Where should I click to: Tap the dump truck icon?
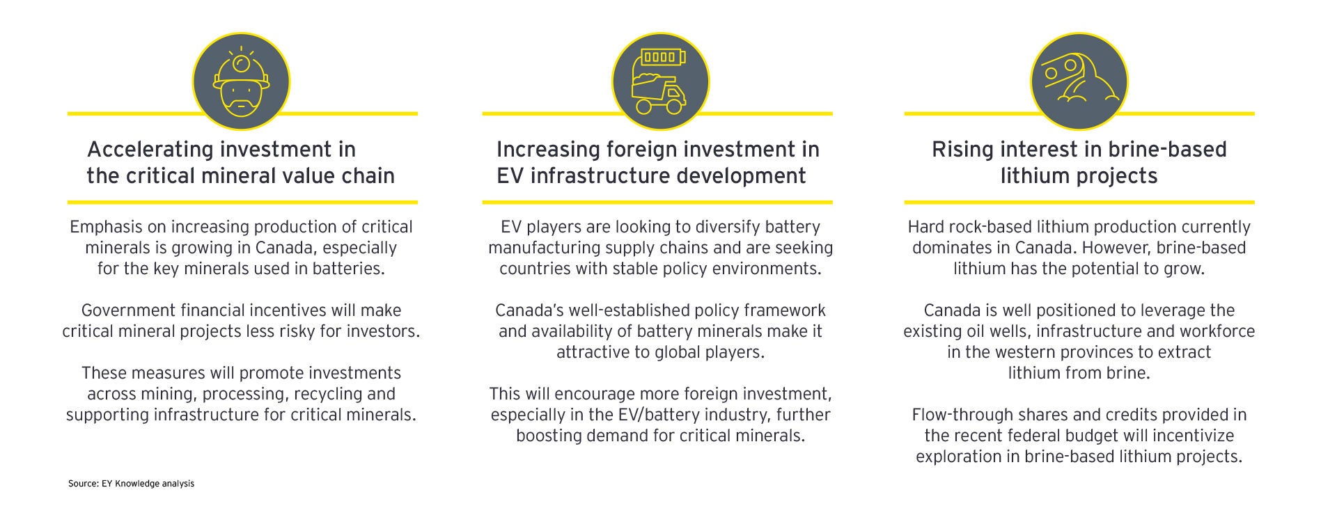click(x=658, y=93)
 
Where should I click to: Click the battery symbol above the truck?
click(x=663, y=56)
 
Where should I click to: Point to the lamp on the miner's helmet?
click(x=241, y=63)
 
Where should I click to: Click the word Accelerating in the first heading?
click(x=151, y=150)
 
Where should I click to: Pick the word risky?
click(x=295, y=331)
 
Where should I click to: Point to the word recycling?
click(x=328, y=394)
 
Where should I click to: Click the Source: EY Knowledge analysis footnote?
click(x=131, y=483)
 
